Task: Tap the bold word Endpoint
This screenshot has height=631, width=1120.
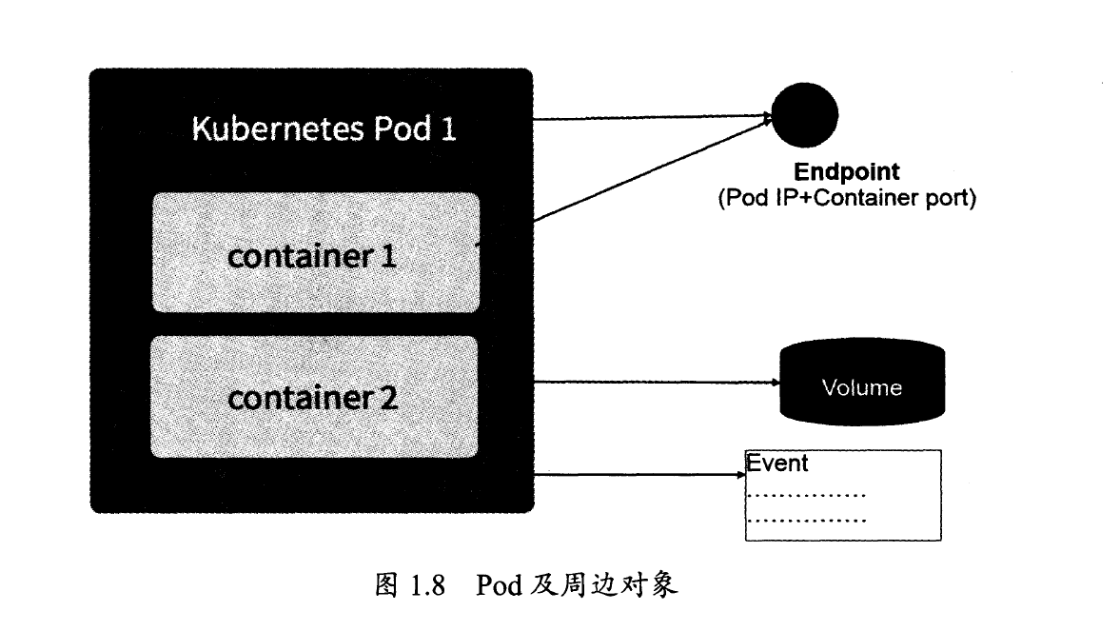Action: point(846,173)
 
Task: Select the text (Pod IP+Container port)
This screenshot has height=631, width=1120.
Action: point(847,200)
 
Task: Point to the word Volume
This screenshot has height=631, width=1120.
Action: point(862,388)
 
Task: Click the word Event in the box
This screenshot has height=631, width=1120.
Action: point(777,463)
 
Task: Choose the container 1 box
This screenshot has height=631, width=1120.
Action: point(315,252)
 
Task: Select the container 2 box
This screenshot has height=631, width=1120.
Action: point(315,396)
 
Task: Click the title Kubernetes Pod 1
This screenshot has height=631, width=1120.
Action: point(324,128)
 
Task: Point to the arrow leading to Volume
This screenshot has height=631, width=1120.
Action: point(657,384)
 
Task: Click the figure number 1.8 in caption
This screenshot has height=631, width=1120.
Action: point(428,585)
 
